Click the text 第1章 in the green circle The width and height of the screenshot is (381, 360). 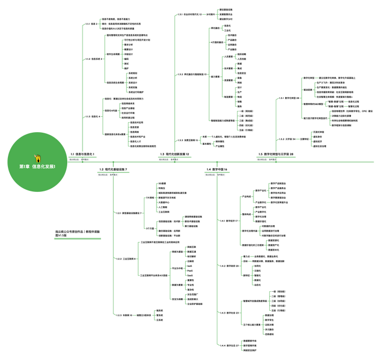tap(24, 167)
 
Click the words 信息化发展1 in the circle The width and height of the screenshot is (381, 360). tap(43, 167)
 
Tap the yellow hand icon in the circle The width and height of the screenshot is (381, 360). tap(37, 158)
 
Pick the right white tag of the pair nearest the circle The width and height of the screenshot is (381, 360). tap(85, 159)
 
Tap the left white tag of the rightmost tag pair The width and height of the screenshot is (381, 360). tap(261, 159)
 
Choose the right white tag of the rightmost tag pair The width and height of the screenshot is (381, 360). tap(273, 159)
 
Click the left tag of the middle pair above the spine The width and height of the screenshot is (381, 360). tap(163, 159)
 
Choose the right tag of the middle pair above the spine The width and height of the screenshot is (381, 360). tap(174, 159)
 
